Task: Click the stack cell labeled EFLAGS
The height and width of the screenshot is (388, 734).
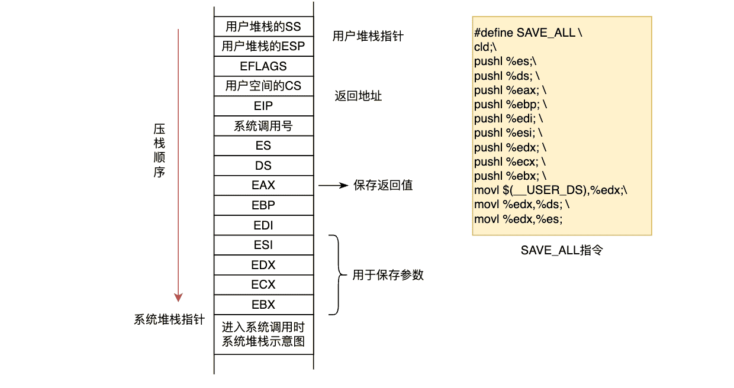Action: (x=263, y=66)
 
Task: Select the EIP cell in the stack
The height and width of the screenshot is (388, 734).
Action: (x=263, y=106)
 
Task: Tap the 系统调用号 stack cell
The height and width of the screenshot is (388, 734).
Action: (x=263, y=126)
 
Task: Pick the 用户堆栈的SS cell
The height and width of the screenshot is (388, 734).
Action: (x=263, y=27)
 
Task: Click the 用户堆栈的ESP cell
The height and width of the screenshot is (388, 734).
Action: (x=263, y=46)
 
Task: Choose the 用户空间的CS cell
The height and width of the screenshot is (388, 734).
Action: (x=263, y=86)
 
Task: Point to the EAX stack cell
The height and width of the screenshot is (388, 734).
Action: (x=263, y=185)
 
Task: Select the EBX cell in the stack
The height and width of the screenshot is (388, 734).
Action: (x=263, y=305)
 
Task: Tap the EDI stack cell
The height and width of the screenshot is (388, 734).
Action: (x=263, y=225)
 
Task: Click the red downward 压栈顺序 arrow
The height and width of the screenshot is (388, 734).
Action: (x=178, y=166)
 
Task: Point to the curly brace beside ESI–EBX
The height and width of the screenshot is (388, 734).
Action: (x=337, y=275)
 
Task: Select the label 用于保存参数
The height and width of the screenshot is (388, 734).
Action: (x=388, y=275)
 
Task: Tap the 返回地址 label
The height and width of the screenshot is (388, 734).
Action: (x=358, y=96)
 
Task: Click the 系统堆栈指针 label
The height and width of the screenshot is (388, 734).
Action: (x=169, y=320)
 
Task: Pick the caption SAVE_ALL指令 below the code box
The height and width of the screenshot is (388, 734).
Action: (x=562, y=250)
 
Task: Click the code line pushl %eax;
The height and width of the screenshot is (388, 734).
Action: (x=510, y=90)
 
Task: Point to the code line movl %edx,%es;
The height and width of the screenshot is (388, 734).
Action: (x=518, y=219)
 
